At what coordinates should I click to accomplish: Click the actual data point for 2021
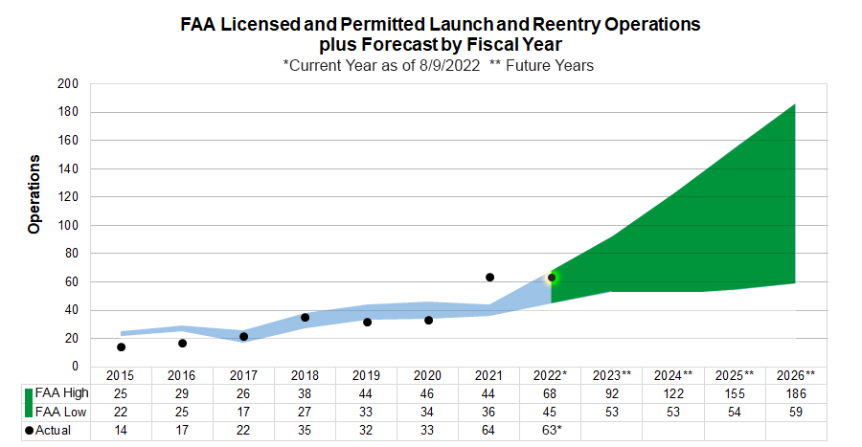pyautogui.click(x=489, y=278)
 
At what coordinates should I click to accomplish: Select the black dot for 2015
pyautogui.click(x=121, y=347)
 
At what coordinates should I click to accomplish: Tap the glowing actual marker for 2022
pyautogui.click(x=551, y=279)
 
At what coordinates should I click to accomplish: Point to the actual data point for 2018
pyautogui.click(x=305, y=318)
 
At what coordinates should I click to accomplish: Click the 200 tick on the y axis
pyautogui.click(x=67, y=84)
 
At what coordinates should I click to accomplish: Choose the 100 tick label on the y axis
pyautogui.click(x=67, y=226)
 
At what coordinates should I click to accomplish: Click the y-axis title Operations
pyautogui.click(x=34, y=194)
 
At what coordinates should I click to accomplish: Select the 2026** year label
pyautogui.click(x=797, y=374)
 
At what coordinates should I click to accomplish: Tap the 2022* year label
pyautogui.click(x=551, y=374)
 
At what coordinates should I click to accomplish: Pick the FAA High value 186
pyautogui.click(x=797, y=393)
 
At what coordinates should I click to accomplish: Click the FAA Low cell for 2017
pyautogui.click(x=243, y=412)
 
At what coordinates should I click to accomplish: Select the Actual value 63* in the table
pyautogui.click(x=551, y=431)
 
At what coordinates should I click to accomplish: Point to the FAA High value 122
pyautogui.click(x=673, y=393)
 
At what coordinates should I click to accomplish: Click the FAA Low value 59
pyautogui.click(x=797, y=412)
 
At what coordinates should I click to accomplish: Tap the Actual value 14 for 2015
pyautogui.click(x=121, y=431)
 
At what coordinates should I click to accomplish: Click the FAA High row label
pyautogui.click(x=63, y=393)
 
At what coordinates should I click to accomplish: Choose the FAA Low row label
pyautogui.click(x=62, y=412)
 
